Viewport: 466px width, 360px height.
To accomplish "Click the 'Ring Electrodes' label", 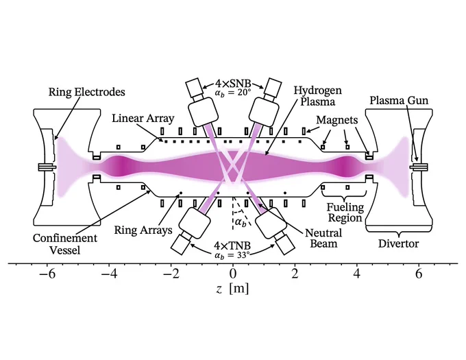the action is click(87, 92).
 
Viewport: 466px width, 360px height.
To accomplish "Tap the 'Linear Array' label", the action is click(143, 119).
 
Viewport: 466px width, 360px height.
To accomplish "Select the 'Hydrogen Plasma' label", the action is click(318, 96).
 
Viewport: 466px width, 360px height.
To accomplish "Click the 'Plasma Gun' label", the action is click(399, 101).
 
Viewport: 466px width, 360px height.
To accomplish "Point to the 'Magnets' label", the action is click(337, 120).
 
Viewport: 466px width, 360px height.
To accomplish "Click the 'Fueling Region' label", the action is click(345, 213).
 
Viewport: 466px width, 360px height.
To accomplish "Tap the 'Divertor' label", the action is click(398, 243).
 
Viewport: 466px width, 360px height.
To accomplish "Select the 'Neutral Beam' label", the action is click(323, 238).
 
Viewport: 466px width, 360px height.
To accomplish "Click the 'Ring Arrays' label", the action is click(143, 230).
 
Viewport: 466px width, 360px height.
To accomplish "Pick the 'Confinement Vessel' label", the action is click(65, 244).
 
